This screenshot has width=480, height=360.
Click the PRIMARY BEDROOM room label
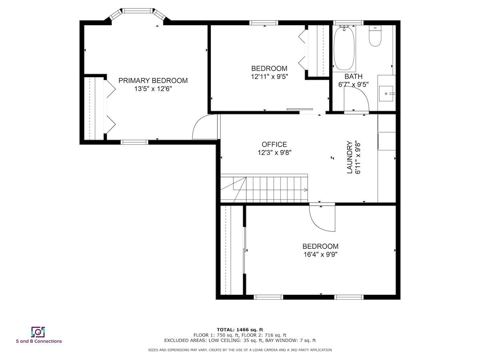tap(153, 81)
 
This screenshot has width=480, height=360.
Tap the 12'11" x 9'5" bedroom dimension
tap(269, 77)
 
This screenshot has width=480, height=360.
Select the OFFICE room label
tap(274, 144)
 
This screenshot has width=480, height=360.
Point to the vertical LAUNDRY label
tap(350, 157)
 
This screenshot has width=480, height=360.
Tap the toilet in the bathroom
tap(375, 36)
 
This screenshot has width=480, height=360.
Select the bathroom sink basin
tap(386, 94)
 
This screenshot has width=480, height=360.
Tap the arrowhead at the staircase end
tap(306, 190)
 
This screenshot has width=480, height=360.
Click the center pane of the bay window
tap(138, 10)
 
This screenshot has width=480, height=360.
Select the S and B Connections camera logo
tap(38, 332)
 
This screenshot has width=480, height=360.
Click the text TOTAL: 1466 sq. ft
tap(240, 330)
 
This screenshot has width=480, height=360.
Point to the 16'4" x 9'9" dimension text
tap(320, 255)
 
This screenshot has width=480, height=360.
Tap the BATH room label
tap(353, 76)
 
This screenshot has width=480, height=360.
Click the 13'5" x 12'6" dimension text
tap(153, 89)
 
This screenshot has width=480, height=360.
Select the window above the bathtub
tap(348, 22)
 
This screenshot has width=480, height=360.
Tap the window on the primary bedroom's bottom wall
tap(134, 142)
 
